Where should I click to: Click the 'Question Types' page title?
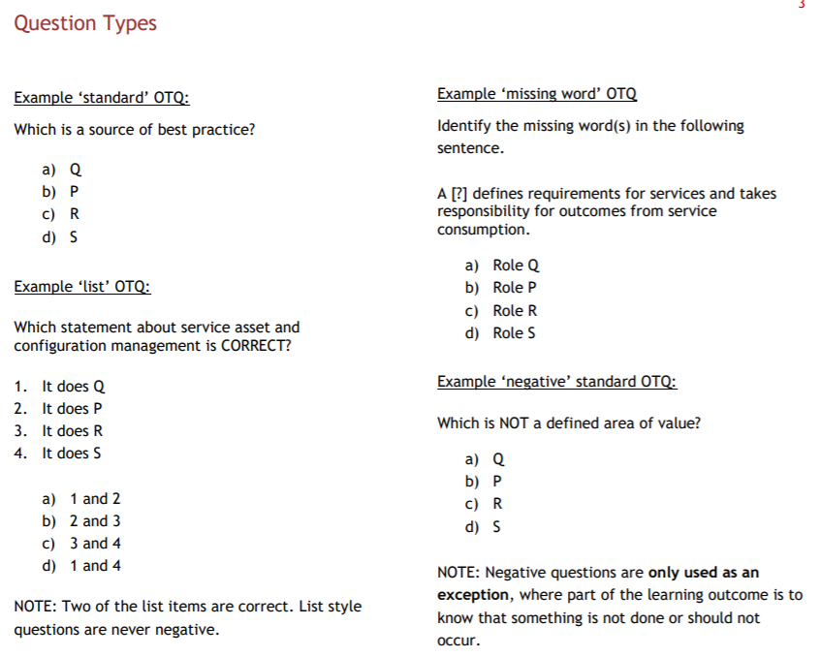tap(85, 23)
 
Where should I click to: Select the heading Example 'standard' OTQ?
tap(101, 98)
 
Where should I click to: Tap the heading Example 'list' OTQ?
tap(82, 287)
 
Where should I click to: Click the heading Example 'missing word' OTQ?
tap(537, 94)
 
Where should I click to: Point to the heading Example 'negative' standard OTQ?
tap(556, 382)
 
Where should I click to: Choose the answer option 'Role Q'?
tap(516, 266)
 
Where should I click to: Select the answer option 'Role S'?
tap(515, 333)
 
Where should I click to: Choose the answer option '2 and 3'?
tap(95, 521)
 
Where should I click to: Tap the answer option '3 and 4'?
tap(95, 544)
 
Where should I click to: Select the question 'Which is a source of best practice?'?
tap(135, 130)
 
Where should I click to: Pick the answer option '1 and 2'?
tap(95, 499)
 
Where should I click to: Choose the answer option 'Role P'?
tap(515, 288)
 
